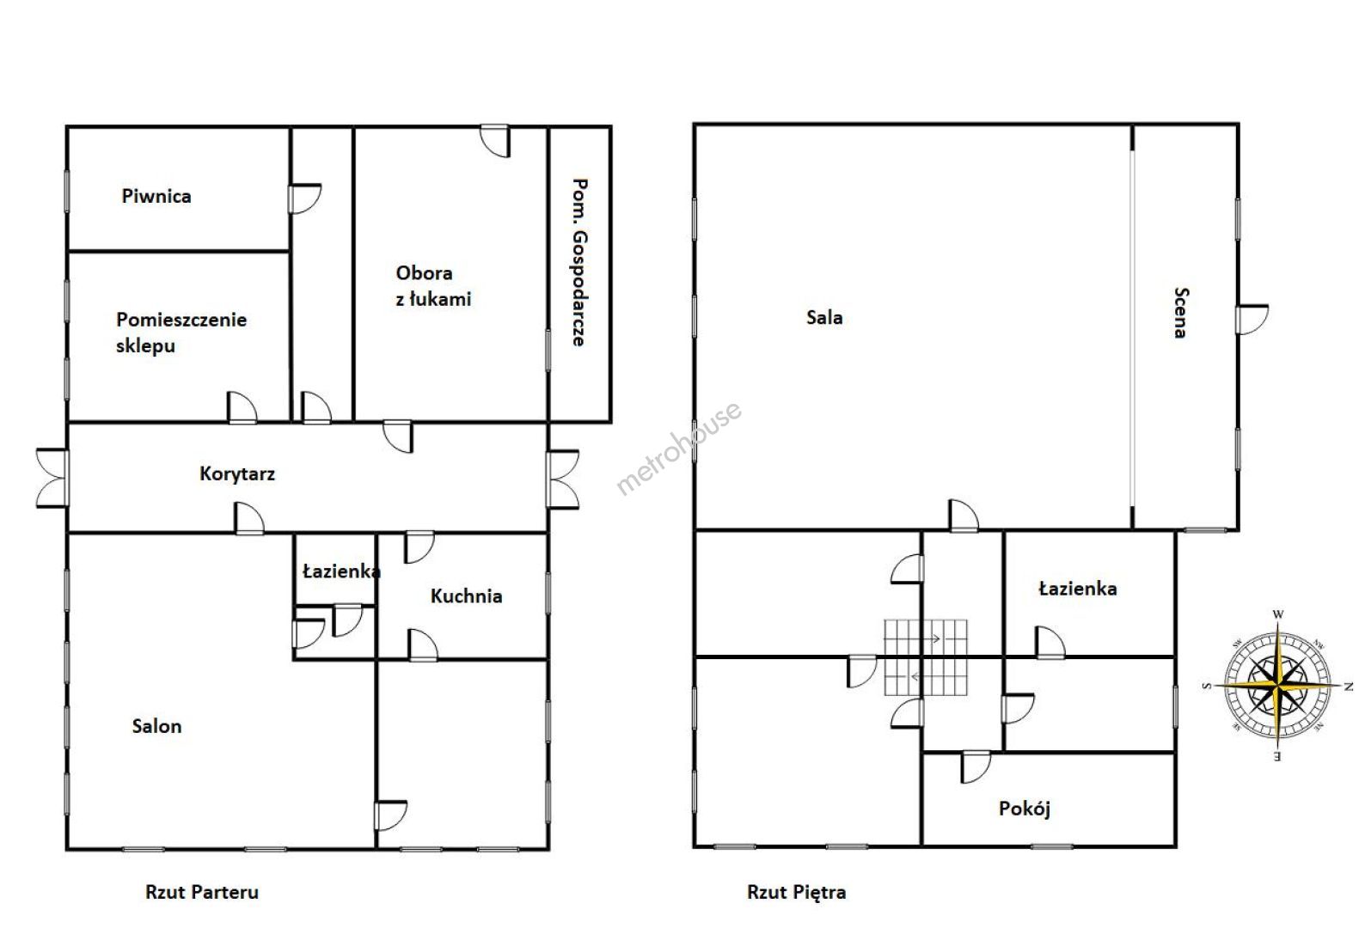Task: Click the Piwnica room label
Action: tap(156, 196)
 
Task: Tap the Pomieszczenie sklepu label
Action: tap(181, 333)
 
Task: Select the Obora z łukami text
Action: tap(433, 286)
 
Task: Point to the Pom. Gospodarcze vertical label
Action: tap(578, 263)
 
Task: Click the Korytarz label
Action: tap(237, 474)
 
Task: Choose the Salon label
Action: tap(156, 726)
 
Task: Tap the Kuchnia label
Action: tap(466, 596)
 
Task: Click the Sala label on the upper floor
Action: tap(824, 317)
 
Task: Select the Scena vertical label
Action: tap(1181, 313)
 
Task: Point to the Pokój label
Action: tap(1025, 809)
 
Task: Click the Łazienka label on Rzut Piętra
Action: tap(1078, 589)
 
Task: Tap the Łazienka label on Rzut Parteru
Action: tap(341, 571)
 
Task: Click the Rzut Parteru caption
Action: tap(202, 893)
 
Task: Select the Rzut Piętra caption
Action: tap(797, 893)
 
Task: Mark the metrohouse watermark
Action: tap(679, 448)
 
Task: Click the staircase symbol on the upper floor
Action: tap(926, 657)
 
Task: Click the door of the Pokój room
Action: tap(976, 768)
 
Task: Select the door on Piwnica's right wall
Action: tap(304, 198)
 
